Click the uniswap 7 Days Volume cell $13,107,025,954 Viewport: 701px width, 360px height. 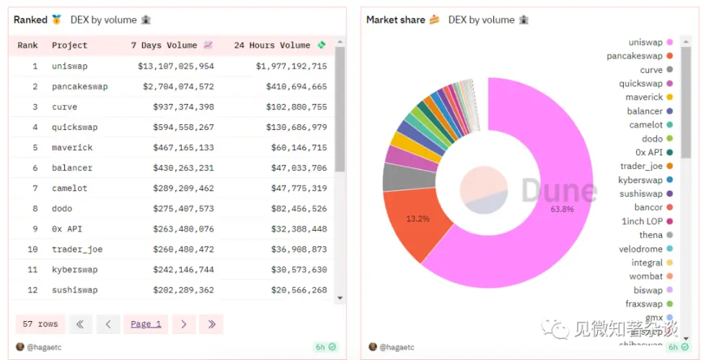(176, 66)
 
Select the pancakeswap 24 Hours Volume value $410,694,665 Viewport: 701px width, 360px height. (291, 87)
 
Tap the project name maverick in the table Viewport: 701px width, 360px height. (72, 147)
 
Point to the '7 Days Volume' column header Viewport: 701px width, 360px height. (172, 45)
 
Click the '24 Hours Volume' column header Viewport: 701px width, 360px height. (272, 45)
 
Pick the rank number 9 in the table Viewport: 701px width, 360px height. (35, 229)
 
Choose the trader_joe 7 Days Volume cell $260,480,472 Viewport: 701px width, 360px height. (183, 249)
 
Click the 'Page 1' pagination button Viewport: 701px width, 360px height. (146, 324)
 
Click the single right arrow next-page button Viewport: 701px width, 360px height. (184, 324)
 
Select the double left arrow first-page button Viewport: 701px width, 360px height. (80, 324)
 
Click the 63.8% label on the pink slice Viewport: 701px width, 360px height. (562, 209)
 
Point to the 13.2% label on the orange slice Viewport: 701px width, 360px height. (418, 219)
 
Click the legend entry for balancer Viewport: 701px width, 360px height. (645, 111)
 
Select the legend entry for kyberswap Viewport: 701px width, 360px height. (640, 180)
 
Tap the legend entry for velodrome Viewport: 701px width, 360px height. (640, 249)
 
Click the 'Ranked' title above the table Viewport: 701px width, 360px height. (30, 19)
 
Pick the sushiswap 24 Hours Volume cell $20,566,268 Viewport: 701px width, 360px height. (291, 290)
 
